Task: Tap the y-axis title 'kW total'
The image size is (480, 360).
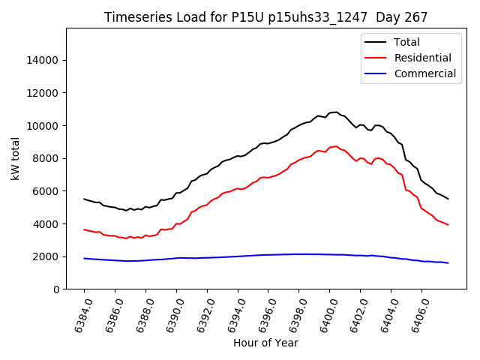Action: (16, 159)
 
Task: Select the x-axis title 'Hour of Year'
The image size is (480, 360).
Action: (265, 343)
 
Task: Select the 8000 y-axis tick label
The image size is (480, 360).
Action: (47, 158)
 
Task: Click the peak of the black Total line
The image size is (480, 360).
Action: (335, 112)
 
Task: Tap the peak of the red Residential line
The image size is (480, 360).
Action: (335, 146)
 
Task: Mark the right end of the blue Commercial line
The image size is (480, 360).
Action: (448, 262)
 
